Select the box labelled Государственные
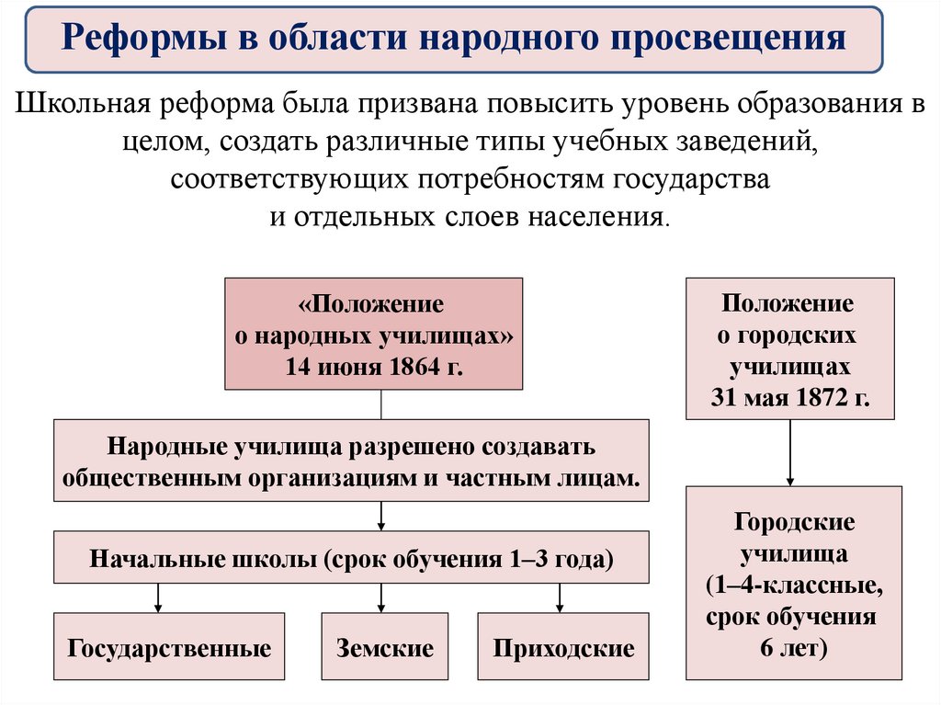[169, 648]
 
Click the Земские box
[384, 648]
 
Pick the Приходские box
[563, 648]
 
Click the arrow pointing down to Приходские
[560, 599]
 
